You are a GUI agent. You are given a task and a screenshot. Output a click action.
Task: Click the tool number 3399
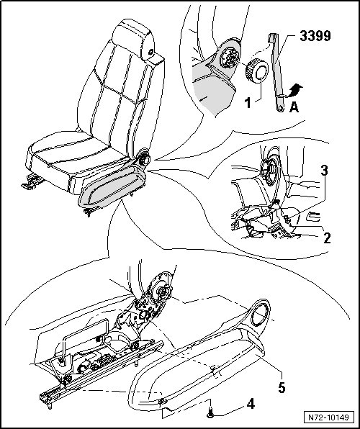[x=315, y=36]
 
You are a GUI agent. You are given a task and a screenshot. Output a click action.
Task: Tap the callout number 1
[x=248, y=103]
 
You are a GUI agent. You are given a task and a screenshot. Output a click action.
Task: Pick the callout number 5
[x=282, y=387]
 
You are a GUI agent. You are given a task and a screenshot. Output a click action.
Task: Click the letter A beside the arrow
[x=294, y=107]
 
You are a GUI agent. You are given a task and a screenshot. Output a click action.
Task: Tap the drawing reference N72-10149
[x=328, y=417]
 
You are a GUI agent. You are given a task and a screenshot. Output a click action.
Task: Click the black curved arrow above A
[x=295, y=91]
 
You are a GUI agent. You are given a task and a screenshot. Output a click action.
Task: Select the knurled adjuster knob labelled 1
[x=257, y=71]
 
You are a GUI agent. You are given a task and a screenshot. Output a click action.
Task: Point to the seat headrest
[x=134, y=39]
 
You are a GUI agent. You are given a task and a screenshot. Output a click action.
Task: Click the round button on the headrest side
[x=150, y=51]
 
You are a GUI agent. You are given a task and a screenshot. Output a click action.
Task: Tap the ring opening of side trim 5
[x=259, y=312]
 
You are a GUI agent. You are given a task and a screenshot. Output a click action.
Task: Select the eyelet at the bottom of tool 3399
[x=280, y=108]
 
